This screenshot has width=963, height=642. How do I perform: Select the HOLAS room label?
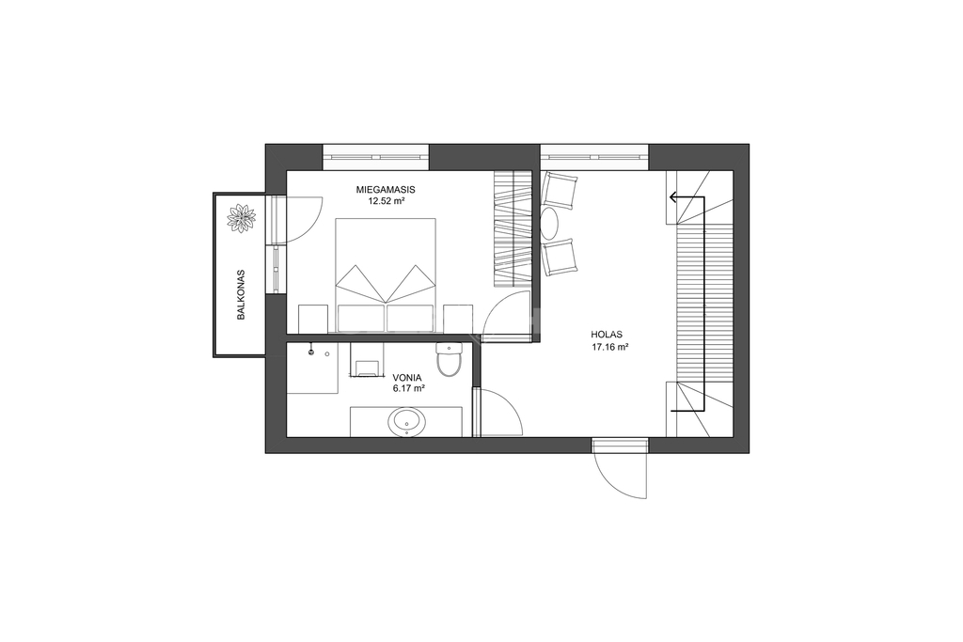click(607, 335)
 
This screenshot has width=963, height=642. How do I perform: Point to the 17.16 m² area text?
click(609, 347)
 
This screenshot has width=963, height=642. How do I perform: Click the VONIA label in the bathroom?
click(408, 377)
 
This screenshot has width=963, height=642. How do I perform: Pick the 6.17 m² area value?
click(409, 388)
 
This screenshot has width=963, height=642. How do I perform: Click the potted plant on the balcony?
click(241, 218)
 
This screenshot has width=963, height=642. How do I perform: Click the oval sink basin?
click(406, 422)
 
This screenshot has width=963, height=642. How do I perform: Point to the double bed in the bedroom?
click(386, 275)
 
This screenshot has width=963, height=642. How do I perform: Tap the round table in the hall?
click(549, 224)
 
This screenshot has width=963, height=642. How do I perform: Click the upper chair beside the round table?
click(559, 190)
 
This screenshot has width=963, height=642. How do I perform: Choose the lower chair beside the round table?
click(560, 257)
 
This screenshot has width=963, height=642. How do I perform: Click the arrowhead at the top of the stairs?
click(674, 197)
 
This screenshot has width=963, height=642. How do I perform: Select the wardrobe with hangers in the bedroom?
click(512, 229)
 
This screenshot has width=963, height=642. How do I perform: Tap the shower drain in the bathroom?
click(311, 352)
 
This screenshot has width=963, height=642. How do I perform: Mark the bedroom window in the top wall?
click(376, 157)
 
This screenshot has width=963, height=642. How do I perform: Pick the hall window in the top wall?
click(594, 157)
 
